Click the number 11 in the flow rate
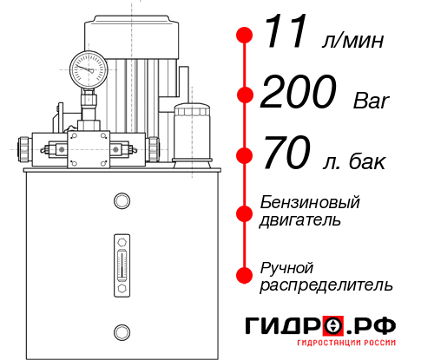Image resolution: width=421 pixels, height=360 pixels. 285,31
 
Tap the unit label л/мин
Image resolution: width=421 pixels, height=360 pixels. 352,40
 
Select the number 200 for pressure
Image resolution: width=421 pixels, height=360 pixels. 299,91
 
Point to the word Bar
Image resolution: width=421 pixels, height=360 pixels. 372,101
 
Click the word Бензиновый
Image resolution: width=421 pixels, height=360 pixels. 310,202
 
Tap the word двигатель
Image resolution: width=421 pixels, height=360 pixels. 300,220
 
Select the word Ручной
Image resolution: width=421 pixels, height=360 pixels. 286,268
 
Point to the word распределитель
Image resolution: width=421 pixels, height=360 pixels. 326,285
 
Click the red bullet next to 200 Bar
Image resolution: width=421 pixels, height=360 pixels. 245,95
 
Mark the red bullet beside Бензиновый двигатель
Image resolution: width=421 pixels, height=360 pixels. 245,214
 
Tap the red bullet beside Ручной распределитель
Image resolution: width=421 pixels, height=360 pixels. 245,275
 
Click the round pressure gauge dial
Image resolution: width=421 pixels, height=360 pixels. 89,69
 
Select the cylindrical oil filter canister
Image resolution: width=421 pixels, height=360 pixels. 192,135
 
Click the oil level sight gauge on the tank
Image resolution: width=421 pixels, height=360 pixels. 122,265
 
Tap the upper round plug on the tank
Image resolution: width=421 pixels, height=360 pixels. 122,200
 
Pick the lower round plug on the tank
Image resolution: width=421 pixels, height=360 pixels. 122,332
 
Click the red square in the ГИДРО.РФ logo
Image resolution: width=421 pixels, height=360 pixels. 333,326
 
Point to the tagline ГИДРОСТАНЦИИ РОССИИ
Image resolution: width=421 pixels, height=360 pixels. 346,343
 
